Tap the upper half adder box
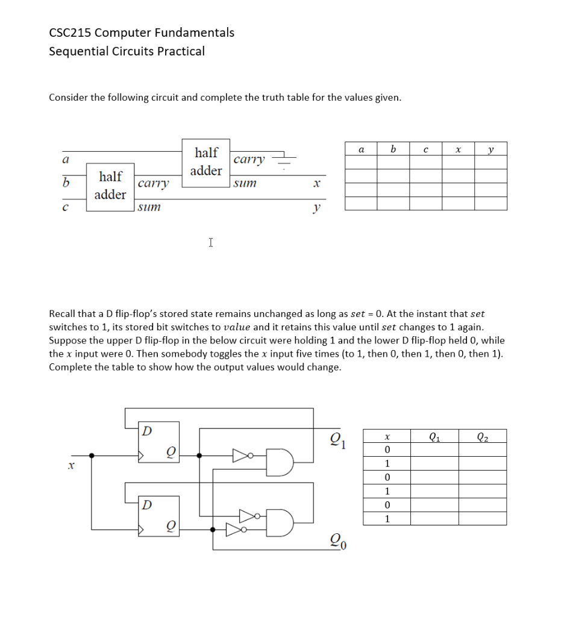click(205, 162)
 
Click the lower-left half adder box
click(110, 186)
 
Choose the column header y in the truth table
click(490, 148)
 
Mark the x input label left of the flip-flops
click(70, 465)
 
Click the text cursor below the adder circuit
click(210, 242)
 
